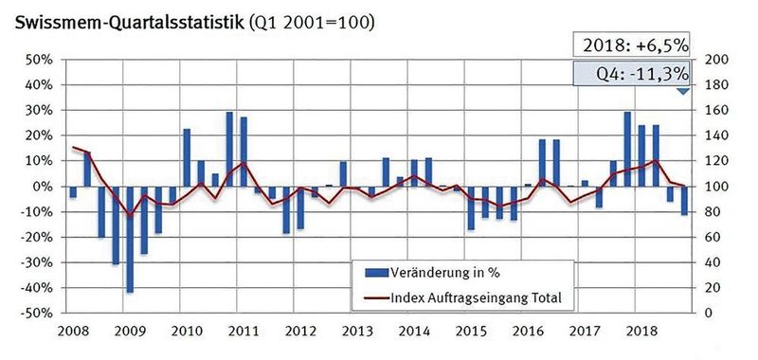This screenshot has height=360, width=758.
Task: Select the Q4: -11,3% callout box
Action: (x=633, y=74)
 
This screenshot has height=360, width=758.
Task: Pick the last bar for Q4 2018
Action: (x=683, y=200)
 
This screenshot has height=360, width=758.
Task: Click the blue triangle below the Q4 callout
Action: (x=682, y=92)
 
